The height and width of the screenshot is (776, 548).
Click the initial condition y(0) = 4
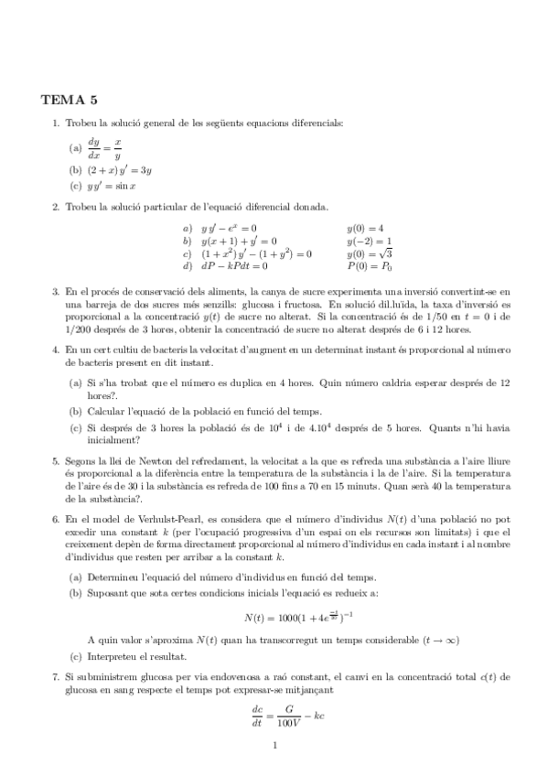pyautogui.click(x=365, y=228)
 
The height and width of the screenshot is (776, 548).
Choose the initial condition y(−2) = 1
pyautogui.click(x=369, y=241)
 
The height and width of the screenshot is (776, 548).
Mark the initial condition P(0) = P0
pyautogui.click(x=369, y=266)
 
